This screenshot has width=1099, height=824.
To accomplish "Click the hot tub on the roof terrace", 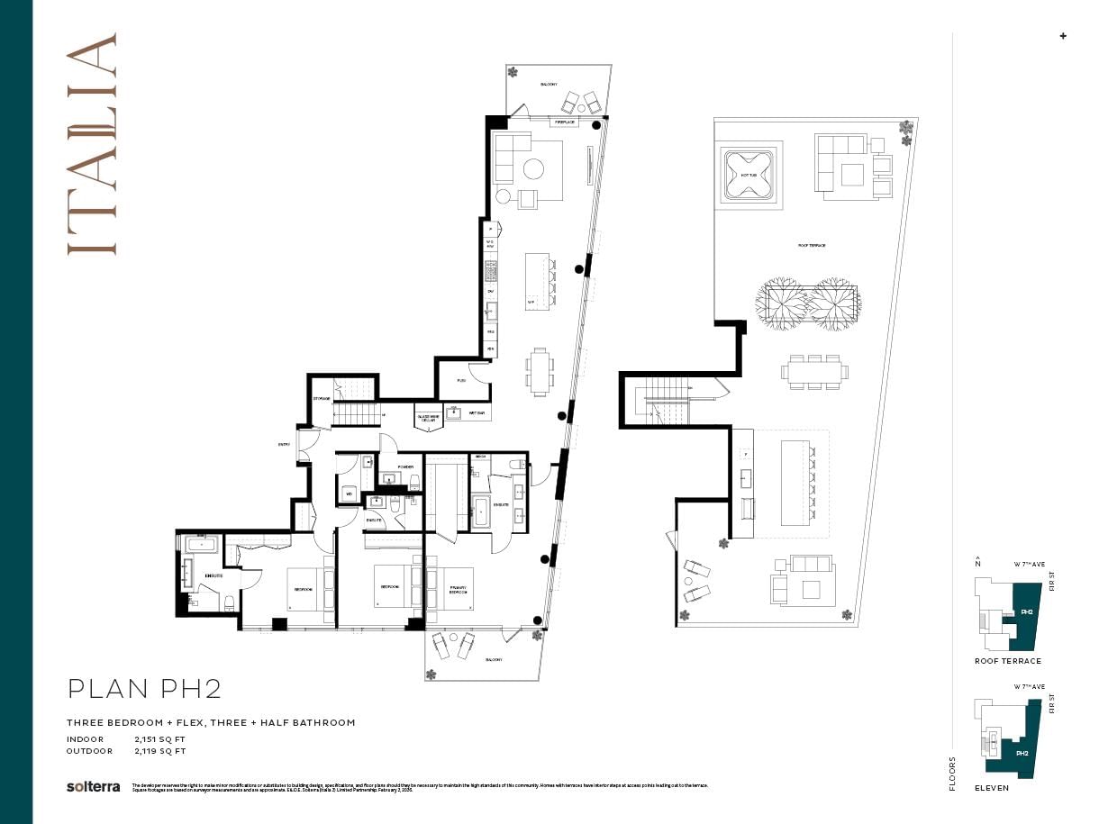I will (x=749, y=176).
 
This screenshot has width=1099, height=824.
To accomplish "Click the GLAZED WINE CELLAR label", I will (x=427, y=417).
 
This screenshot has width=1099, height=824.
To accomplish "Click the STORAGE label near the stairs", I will (x=322, y=398).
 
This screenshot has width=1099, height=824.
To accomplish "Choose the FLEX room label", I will (x=461, y=381).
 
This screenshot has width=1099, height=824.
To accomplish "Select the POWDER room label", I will (x=405, y=466).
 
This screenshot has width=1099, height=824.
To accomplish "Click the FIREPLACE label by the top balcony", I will (x=565, y=122).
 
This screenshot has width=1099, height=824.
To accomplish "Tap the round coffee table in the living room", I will (x=533, y=168).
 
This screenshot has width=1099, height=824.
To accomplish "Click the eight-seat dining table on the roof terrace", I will (x=814, y=371).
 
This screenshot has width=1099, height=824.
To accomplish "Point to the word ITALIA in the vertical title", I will (x=92, y=144).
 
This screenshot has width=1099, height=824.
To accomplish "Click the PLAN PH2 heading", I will (x=145, y=690).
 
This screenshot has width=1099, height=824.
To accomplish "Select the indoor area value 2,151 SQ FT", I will (x=159, y=739).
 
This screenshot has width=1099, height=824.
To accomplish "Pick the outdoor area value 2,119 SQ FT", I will (x=159, y=750).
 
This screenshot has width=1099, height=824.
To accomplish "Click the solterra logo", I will (x=93, y=786).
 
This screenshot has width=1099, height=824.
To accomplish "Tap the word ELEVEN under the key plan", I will (x=991, y=788).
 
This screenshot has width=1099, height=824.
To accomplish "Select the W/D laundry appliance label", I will (x=348, y=493).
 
